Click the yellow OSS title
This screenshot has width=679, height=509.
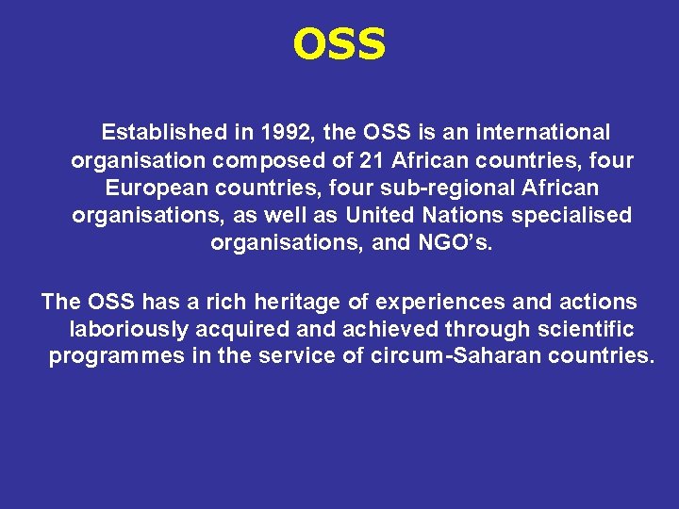pos(339,43)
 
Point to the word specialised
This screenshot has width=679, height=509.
pos(571,215)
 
